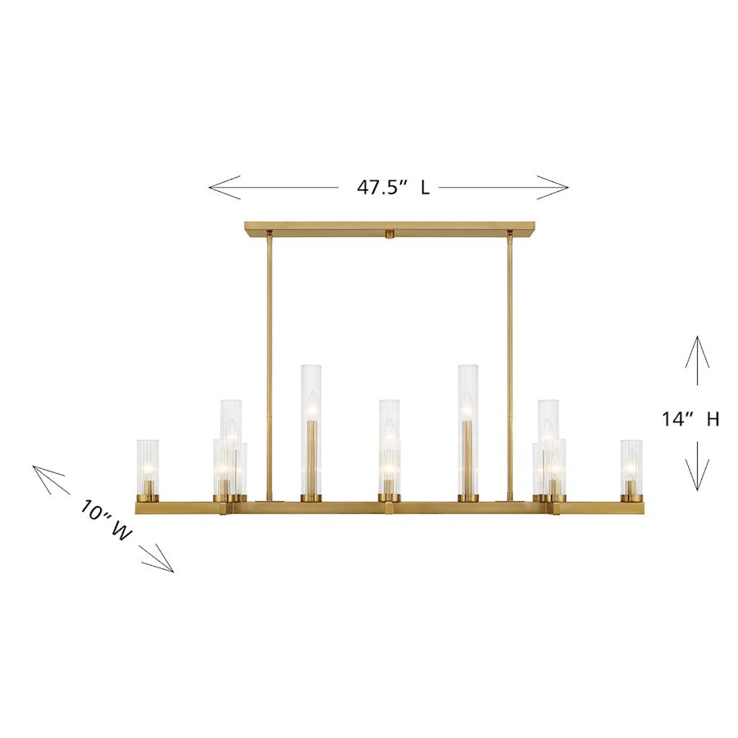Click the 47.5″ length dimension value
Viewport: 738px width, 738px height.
(381, 188)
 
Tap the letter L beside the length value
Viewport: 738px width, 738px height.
(425, 188)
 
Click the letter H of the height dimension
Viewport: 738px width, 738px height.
(713, 419)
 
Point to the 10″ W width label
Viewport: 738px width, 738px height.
(106, 522)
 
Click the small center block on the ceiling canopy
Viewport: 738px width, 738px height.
(389, 234)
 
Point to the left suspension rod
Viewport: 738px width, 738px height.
(269, 361)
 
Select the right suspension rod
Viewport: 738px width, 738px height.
(509, 361)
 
